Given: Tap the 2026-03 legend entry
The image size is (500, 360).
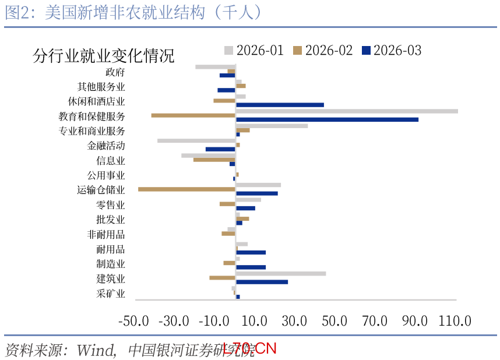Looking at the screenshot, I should click(391, 50).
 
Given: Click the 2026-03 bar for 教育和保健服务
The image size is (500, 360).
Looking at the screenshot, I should click(327, 119).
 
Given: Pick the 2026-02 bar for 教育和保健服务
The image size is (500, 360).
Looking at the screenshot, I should click(193, 115).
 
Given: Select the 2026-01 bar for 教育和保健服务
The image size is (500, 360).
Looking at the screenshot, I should click(347, 111).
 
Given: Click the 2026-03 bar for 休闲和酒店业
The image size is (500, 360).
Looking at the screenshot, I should click(280, 105).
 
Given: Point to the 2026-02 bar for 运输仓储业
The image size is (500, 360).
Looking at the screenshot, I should click(187, 189).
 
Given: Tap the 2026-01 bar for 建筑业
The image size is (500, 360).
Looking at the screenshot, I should click(281, 273).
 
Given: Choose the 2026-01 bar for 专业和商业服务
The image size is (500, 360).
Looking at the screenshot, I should click(272, 126).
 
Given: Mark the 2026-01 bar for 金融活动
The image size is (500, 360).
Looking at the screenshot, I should click(196, 140).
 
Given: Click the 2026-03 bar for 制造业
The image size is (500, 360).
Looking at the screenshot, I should click(251, 267).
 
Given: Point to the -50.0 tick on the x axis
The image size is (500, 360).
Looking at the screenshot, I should click(135, 320).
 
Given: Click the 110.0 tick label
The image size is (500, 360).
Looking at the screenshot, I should click(455, 320).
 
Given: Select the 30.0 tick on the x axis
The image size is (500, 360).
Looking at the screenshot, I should click(295, 320).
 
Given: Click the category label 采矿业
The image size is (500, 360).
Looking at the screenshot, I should click(111, 294).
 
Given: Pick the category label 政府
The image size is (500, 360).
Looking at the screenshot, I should click(115, 72).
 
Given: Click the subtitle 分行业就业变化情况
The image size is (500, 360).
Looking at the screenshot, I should click(104, 56).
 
